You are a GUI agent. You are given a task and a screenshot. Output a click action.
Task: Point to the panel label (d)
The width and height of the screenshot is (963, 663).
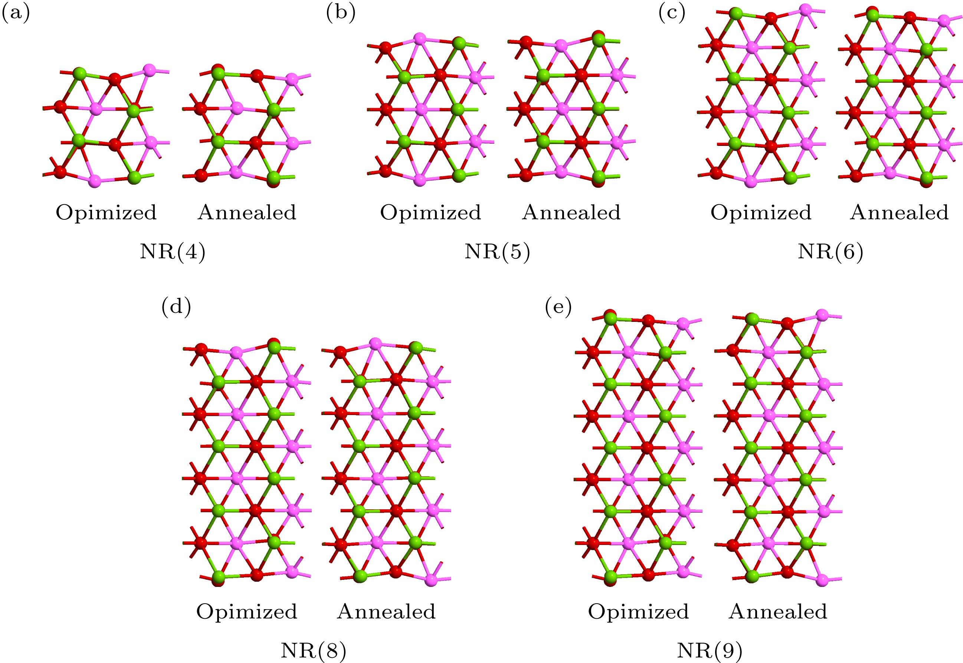pyautogui.click(x=176, y=307)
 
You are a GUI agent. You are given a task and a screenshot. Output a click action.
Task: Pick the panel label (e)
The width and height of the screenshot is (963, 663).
pyautogui.click(x=558, y=307)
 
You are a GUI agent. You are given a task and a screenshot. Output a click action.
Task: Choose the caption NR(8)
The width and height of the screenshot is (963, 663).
pyautogui.click(x=313, y=651)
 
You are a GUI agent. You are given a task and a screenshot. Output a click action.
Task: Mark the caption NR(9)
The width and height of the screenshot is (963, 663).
pyautogui.click(x=709, y=651)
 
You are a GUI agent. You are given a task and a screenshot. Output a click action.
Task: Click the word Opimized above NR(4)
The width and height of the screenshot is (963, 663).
pyautogui.click(x=106, y=213)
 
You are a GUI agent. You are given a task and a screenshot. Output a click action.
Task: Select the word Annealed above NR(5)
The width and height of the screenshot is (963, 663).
pyautogui.click(x=571, y=213)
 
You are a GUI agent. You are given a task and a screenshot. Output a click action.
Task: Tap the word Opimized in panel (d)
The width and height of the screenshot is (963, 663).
pyautogui.click(x=247, y=612)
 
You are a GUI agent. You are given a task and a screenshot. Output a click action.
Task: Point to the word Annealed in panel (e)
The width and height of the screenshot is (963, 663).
pyautogui.click(x=778, y=612)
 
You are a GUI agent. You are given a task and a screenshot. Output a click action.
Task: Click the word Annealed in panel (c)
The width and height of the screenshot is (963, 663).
pyautogui.click(x=899, y=213)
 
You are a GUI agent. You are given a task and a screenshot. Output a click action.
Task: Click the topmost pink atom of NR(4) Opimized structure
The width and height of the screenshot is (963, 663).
pyautogui.click(x=149, y=70)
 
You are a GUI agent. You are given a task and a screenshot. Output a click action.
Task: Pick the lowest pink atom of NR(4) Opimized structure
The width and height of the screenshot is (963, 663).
pyautogui.click(x=95, y=180)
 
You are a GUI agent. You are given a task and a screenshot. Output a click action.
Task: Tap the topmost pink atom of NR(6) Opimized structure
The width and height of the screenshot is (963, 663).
pyautogui.click(x=806, y=10)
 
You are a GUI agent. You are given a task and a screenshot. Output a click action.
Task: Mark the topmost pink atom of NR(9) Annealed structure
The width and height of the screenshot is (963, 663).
pyautogui.click(x=822, y=314)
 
